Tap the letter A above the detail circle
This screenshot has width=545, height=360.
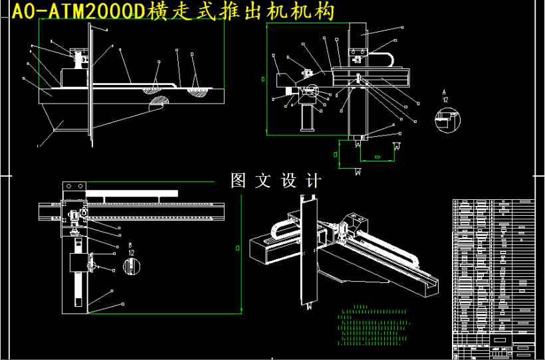click(x=446, y=92)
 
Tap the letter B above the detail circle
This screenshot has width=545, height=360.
click(x=130, y=244)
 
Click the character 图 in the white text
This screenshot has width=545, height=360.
click(x=239, y=181)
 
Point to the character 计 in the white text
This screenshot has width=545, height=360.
click(x=313, y=181)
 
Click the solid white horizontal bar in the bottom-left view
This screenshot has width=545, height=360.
click(x=132, y=192)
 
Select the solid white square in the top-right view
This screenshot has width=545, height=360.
click(x=289, y=90)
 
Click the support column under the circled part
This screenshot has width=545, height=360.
click(x=308, y=118)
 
